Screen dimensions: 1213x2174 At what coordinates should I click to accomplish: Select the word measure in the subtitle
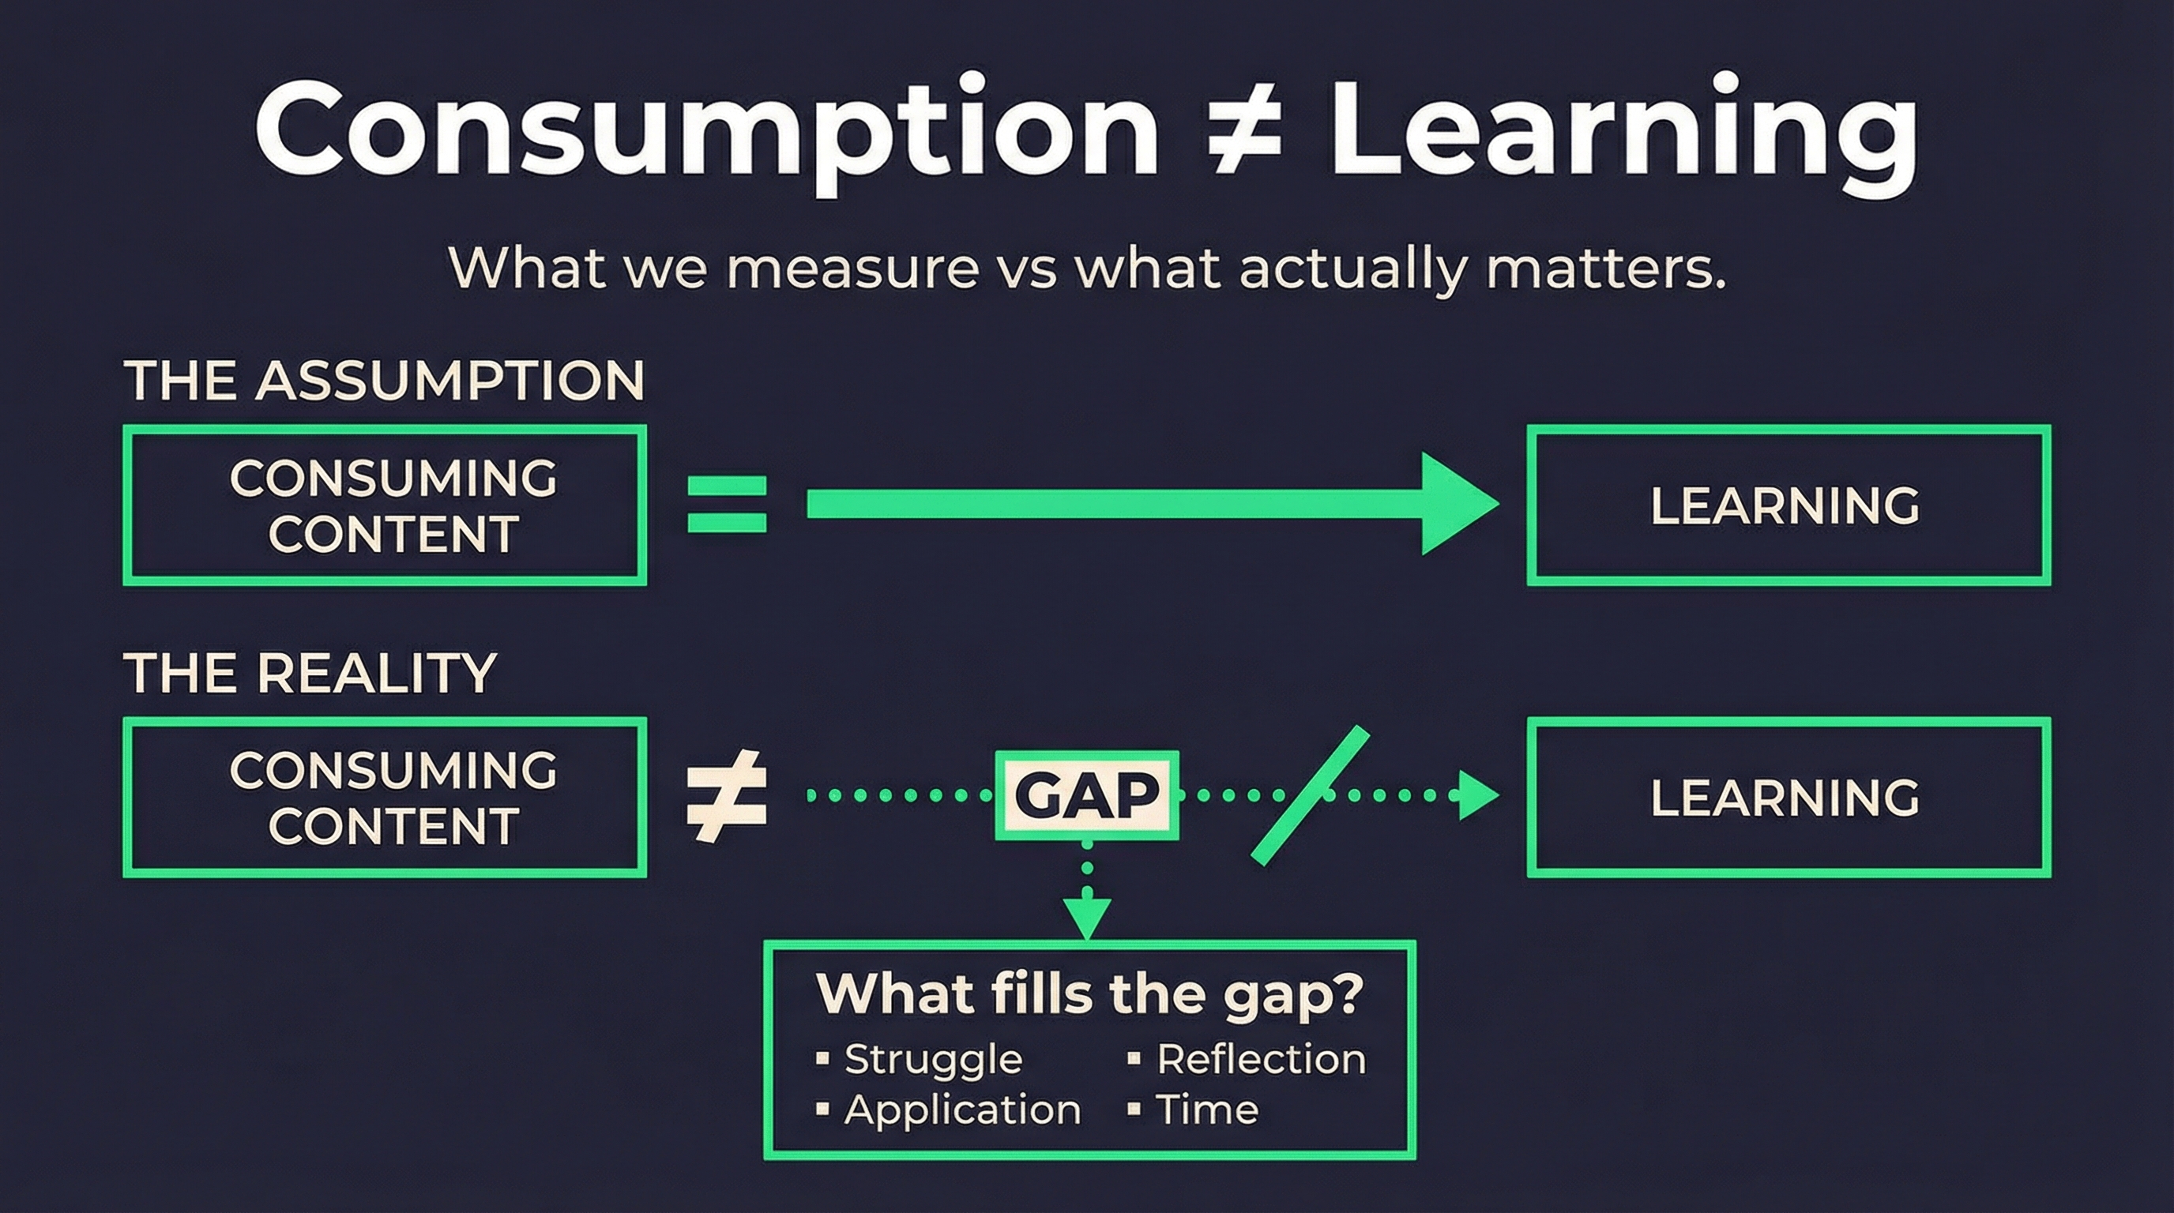(x=852, y=269)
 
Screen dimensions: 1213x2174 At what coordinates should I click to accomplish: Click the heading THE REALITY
(x=310, y=673)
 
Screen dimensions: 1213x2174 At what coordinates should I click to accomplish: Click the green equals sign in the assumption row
(x=727, y=505)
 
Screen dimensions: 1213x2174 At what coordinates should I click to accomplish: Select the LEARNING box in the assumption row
(x=1788, y=505)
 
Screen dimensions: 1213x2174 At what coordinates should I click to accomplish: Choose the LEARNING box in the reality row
(x=1788, y=797)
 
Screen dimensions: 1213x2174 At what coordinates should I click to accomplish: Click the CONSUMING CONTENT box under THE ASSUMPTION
(x=385, y=505)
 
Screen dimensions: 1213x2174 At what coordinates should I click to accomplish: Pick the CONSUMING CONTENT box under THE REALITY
(x=385, y=797)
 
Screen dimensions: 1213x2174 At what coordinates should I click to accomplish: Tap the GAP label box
(x=1087, y=794)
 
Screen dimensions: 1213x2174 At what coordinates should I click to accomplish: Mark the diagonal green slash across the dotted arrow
(x=1309, y=795)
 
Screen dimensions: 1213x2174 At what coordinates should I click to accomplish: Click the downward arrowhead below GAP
(x=1087, y=918)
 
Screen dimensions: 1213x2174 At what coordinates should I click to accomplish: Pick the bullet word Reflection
(x=1261, y=1059)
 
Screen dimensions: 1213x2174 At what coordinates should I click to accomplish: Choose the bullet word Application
(x=962, y=1110)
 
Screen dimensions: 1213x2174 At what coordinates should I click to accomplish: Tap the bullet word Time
(x=1207, y=1110)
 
